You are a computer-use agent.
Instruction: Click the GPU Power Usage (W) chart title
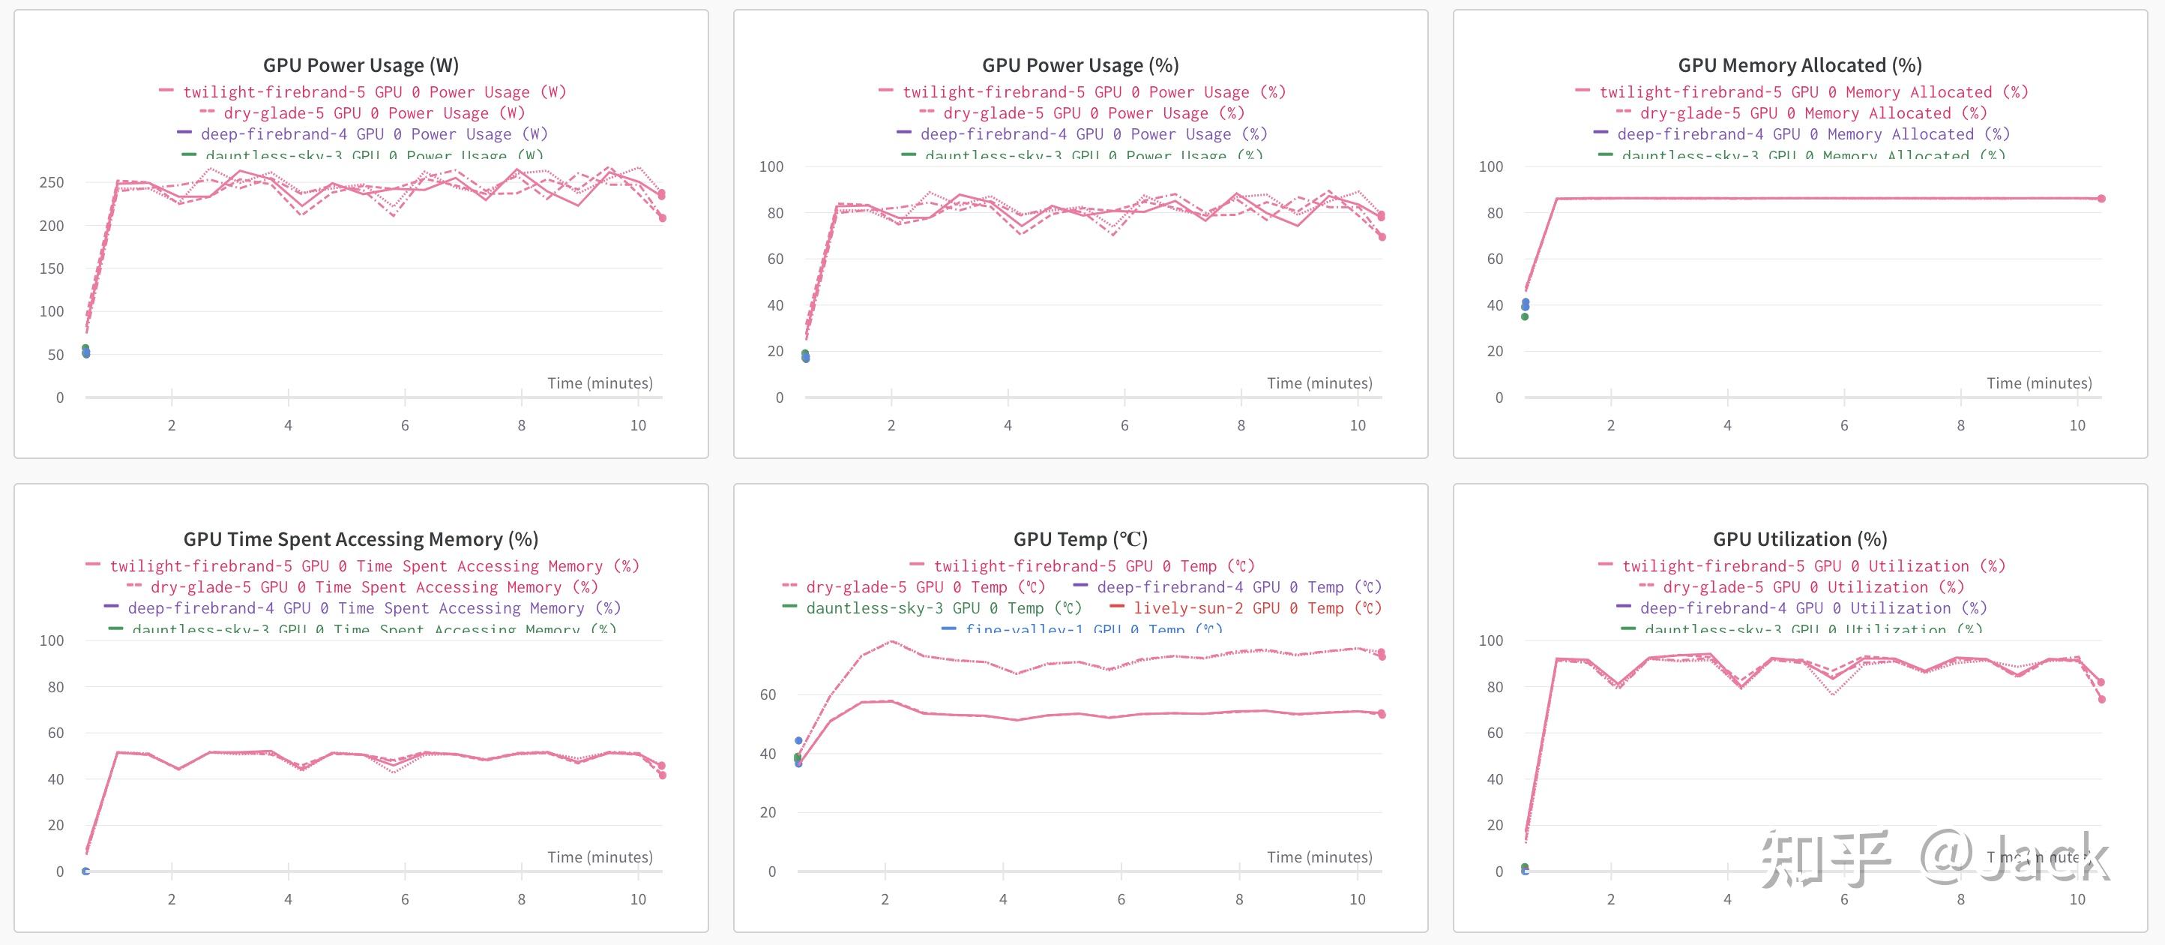(x=361, y=65)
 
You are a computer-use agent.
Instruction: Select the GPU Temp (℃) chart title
(x=1080, y=539)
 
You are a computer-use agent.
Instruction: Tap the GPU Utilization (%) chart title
(x=1799, y=539)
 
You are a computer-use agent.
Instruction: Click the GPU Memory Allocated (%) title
(x=1799, y=65)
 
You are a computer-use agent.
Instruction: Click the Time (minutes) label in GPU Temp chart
(x=1319, y=856)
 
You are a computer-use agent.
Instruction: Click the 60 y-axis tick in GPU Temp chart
(x=768, y=694)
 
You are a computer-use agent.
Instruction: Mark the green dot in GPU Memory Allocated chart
(x=1525, y=317)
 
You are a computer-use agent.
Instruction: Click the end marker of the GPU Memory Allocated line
(x=2101, y=199)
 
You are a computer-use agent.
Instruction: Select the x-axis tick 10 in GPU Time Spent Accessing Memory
(x=638, y=898)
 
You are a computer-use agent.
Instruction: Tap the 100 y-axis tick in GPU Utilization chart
(x=1490, y=640)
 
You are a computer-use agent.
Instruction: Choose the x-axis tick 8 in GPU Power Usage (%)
(x=1241, y=425)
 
